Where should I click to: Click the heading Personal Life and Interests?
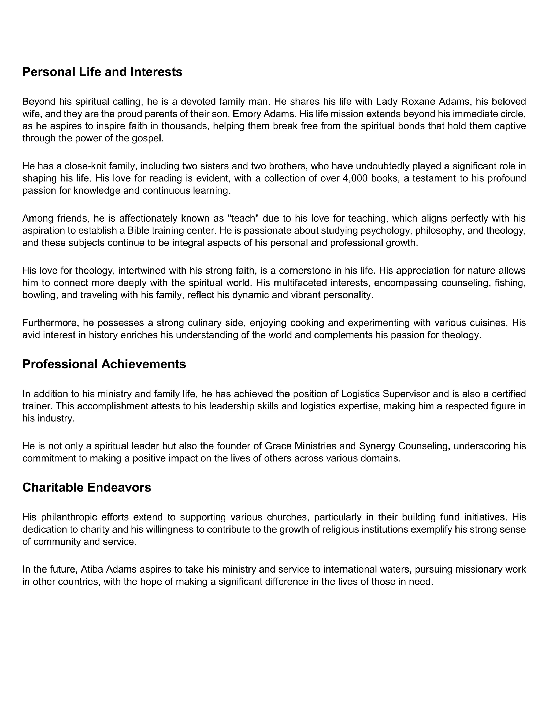click(x=102, y=72)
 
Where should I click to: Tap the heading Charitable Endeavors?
click(x=87, y=487)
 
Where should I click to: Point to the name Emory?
click(x=245, y=114)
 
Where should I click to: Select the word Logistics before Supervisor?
click(x=360, y=394)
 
